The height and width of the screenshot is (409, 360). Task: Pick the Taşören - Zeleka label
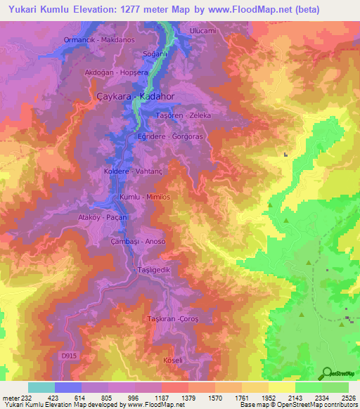(184, 115)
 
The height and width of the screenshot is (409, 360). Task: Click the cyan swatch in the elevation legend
(41, 387)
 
